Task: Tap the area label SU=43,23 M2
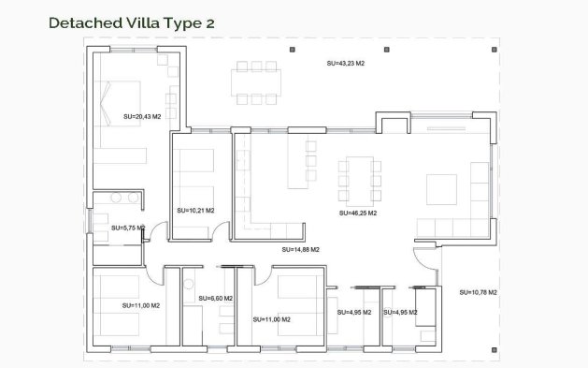tap(345, 64)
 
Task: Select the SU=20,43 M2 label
tap(142, 116)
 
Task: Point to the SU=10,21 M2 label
tap(195, 210)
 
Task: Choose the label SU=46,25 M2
tap(358, 213)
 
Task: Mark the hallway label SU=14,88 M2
tap(301, 250)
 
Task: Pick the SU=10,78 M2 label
tap(478, 292)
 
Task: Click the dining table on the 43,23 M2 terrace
tap(256, 81)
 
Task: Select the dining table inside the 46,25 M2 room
tap(360, 180)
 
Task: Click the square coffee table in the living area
tap(441, 189)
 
